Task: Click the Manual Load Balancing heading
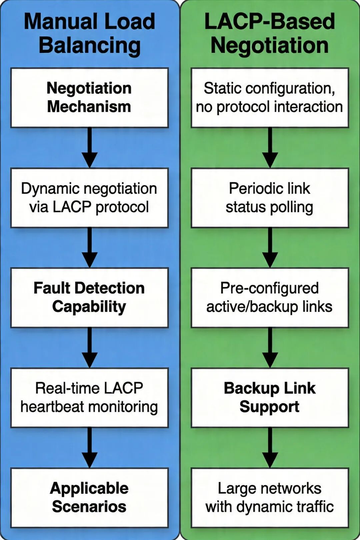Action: pos(89,33)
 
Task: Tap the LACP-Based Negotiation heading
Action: pos(270,33)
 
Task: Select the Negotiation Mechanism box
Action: pos(89,98)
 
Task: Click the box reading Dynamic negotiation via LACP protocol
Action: pos(89,198)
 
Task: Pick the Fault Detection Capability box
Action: pos(89,298)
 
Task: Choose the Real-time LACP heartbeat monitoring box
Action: pos(89,398)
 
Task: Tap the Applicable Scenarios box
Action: pos(89,498)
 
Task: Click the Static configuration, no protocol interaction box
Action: pos(270,98)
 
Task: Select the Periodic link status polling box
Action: pos(270,198)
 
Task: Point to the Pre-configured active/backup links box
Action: pos(270,298)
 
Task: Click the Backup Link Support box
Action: pos(270,398)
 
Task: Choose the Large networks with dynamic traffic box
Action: pos(270,498)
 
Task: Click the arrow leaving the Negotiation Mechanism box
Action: pos(89,148)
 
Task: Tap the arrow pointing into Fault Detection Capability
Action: pos(89,248)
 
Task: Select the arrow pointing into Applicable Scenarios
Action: pos(89,448)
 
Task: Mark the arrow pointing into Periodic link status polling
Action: pos(270,148)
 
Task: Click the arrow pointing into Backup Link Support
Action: pos(270,348)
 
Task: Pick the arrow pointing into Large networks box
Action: pos(270,448)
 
